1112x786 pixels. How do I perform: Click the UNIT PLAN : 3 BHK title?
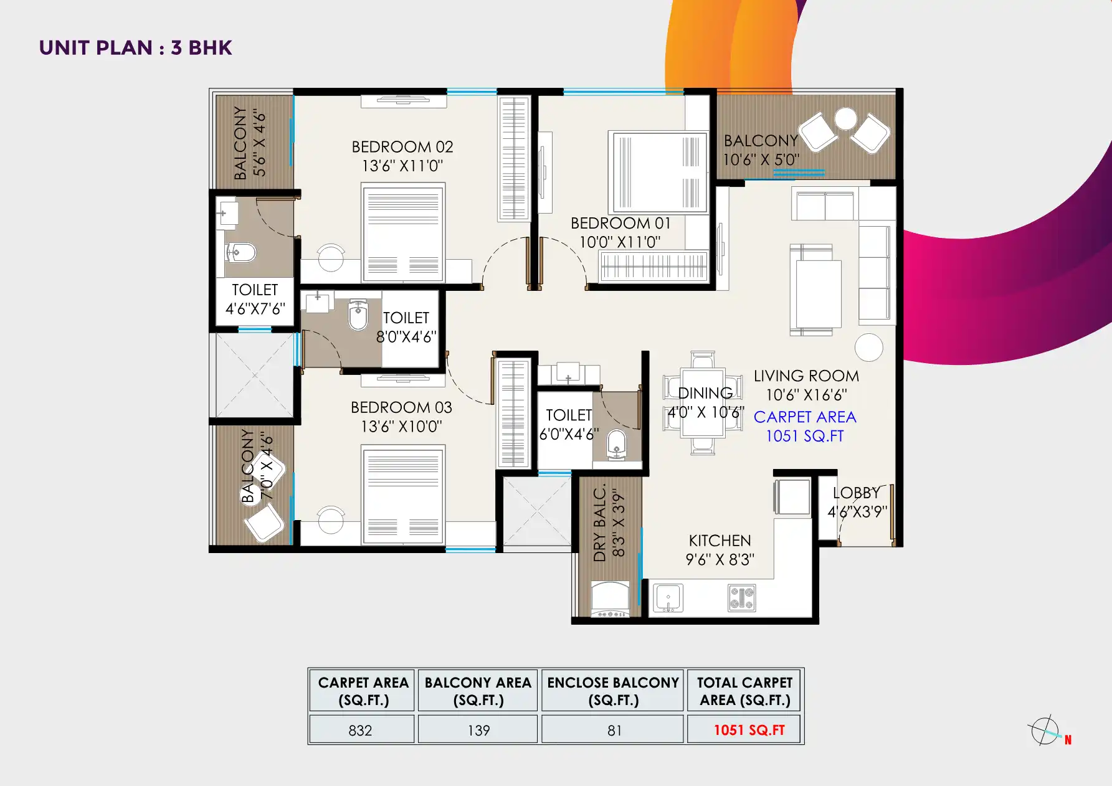(x=135, y=48)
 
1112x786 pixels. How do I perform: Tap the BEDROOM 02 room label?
(x=402, y=147)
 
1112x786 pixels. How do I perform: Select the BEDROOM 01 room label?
(x=620, y=224)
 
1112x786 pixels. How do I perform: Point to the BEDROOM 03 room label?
(x=401, y=407)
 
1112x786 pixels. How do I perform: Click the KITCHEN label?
(x=720, y=541)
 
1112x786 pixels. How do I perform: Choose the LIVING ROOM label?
(x=806, y=376)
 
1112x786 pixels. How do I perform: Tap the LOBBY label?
(x=857, y=493)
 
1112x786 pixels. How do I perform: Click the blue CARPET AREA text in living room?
(x=805, y=417)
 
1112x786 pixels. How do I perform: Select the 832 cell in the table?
(x=361, y=730)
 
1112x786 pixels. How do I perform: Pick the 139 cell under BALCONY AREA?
(x=478, y=730)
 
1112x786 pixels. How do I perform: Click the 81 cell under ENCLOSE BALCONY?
(x=614, y=730)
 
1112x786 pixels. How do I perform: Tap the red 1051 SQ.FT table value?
(x=749, y=730)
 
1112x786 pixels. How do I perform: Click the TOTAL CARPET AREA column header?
(x=744, y=691)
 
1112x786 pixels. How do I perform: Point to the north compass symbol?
(x=1046, y=731)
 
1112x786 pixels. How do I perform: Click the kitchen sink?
(x=668, y=599)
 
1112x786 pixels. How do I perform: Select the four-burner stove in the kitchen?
(x=742, y=599)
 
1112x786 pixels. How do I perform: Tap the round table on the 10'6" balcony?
(x=845, y=118)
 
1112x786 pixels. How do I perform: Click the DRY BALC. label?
(x=600, y=524)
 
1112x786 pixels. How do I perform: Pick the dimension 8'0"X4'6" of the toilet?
(x=406, y=337)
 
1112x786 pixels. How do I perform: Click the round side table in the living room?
(x=868, y=347)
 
